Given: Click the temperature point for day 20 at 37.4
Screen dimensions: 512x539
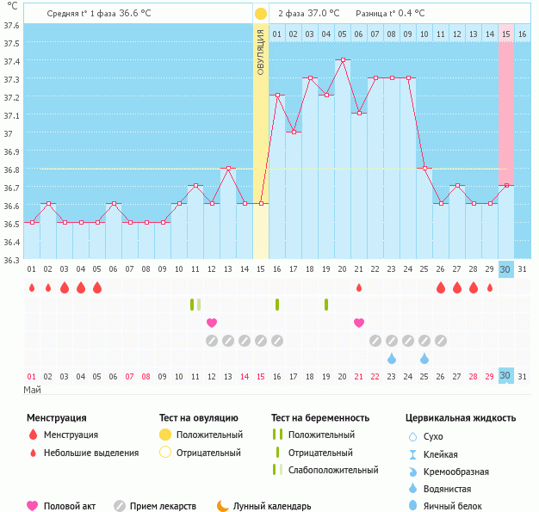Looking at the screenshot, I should coord(343,60).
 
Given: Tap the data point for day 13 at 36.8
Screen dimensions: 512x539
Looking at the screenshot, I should coord(227,168).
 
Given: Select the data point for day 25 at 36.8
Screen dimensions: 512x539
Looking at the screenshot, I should coord(424,168).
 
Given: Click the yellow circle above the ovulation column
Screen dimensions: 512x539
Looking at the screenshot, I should coord(260,14).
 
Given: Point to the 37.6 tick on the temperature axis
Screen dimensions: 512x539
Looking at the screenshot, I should coord(13,25).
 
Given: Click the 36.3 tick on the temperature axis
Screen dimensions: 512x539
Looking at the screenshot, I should coord(13,259).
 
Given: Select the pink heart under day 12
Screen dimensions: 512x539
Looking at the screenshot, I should coord(212,323).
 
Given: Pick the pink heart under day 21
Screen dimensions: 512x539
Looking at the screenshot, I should coord(359,323).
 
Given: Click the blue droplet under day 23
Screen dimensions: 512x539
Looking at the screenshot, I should coord(392,358).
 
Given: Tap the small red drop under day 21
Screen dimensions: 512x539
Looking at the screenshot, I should coord(359,287).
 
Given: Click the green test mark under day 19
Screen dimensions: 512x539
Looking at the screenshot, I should coord(326,304).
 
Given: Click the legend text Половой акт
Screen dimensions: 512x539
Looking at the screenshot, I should coord(70,506).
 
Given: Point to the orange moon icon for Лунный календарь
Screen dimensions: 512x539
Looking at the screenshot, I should coord(223,506).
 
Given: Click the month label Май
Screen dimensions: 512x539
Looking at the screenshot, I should coord(32,390).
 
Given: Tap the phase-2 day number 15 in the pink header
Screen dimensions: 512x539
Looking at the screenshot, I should coord(506,34).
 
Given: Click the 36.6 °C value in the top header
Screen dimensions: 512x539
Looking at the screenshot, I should coord(135,14).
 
